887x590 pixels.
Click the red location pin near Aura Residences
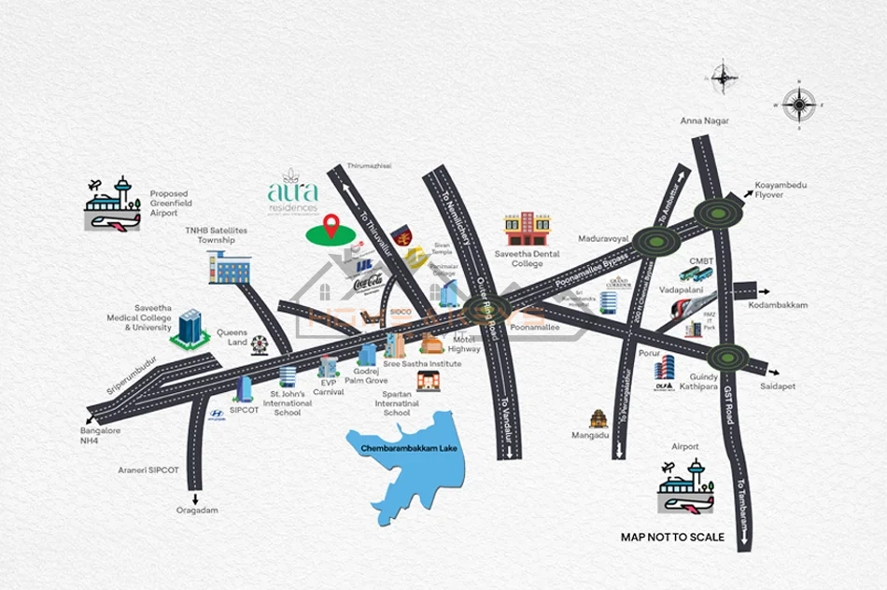pyautogui.click(x=330, y=225)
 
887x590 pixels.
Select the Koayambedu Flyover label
pyautogui.click(x=782, y=190)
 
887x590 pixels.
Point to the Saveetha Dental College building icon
pyautogui.click(x=528, y=228)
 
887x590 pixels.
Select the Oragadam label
pyautogui.click(x=197, y=510)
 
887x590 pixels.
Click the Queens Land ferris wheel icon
pyautogui.click(x=260, y=345)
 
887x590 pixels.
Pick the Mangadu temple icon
pyautogui.click(x=598, y=418)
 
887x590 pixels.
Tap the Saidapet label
pyautogui.click(x=778, y=386)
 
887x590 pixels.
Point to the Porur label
pyautogui.click(x=650, y=354)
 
